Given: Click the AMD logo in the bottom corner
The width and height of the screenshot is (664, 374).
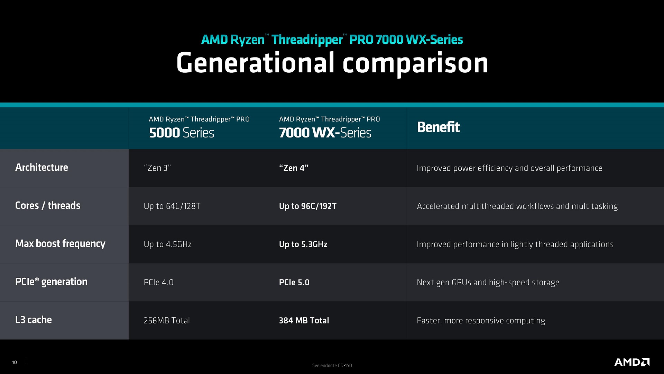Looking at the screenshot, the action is (632, 362).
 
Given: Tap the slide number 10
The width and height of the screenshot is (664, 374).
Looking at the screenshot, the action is (15, 363).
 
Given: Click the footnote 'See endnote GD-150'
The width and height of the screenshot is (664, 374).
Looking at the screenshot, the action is (332, 365).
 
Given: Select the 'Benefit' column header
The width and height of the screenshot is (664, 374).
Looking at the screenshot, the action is (438, 127).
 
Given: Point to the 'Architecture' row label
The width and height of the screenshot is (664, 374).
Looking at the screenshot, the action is (41, 167).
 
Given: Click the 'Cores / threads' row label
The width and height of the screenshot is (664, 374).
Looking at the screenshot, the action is (48, 205).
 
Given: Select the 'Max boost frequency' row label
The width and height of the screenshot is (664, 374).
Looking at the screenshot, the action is (60, 244).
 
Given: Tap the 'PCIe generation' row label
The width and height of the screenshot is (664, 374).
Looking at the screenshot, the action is (51, 282).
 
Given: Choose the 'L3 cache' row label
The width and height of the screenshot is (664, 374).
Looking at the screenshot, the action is (34, 320).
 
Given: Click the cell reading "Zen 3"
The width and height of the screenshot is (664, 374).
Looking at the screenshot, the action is (157, 168).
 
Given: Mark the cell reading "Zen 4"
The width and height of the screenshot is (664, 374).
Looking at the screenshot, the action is (294, 168).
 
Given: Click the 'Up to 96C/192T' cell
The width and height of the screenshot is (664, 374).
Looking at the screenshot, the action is (308, 206).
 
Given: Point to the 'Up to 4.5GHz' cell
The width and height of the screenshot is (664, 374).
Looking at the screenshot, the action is (168, 244).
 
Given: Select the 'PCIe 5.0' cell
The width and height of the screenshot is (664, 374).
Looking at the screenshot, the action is (294, 282).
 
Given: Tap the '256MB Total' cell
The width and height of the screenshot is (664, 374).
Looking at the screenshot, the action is (167, 320).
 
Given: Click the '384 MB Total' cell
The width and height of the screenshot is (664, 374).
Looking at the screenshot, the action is (304, 320).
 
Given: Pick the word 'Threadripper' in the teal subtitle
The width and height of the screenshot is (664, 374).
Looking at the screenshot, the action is (307, 40).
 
